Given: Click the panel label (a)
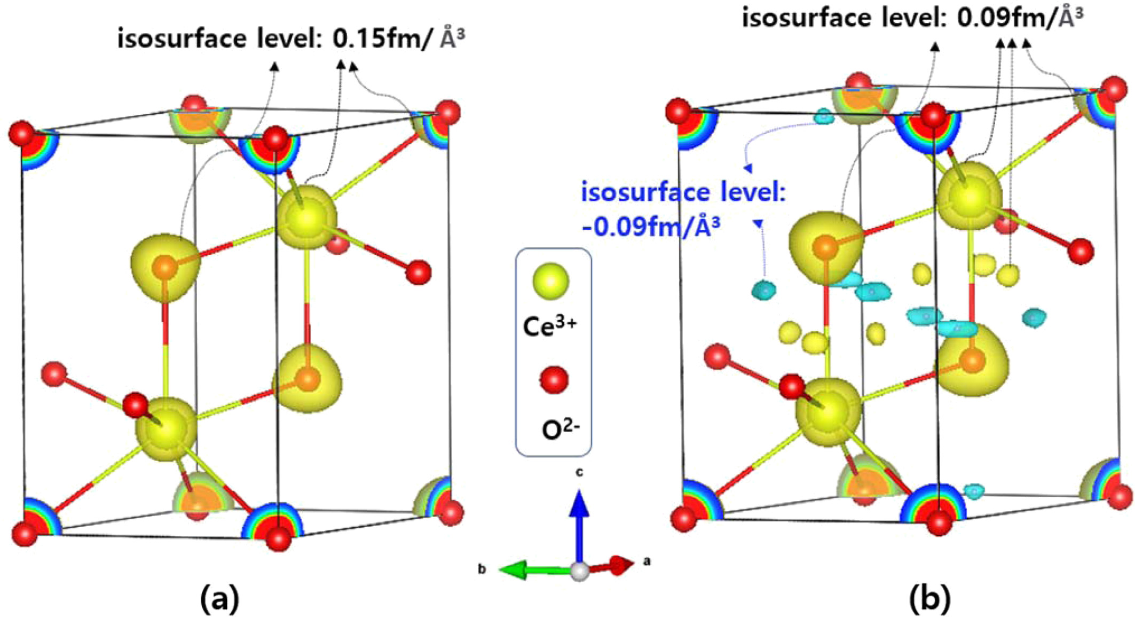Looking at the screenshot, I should pos(219,599).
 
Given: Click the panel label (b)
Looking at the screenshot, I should pos(929,599).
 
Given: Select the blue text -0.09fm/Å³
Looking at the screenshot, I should pos(650,227).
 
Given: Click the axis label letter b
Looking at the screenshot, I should pos(482,569).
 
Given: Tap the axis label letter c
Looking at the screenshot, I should pos(579,472).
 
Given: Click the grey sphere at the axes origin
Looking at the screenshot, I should pos(580,571).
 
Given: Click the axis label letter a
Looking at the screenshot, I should pos(647,561).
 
